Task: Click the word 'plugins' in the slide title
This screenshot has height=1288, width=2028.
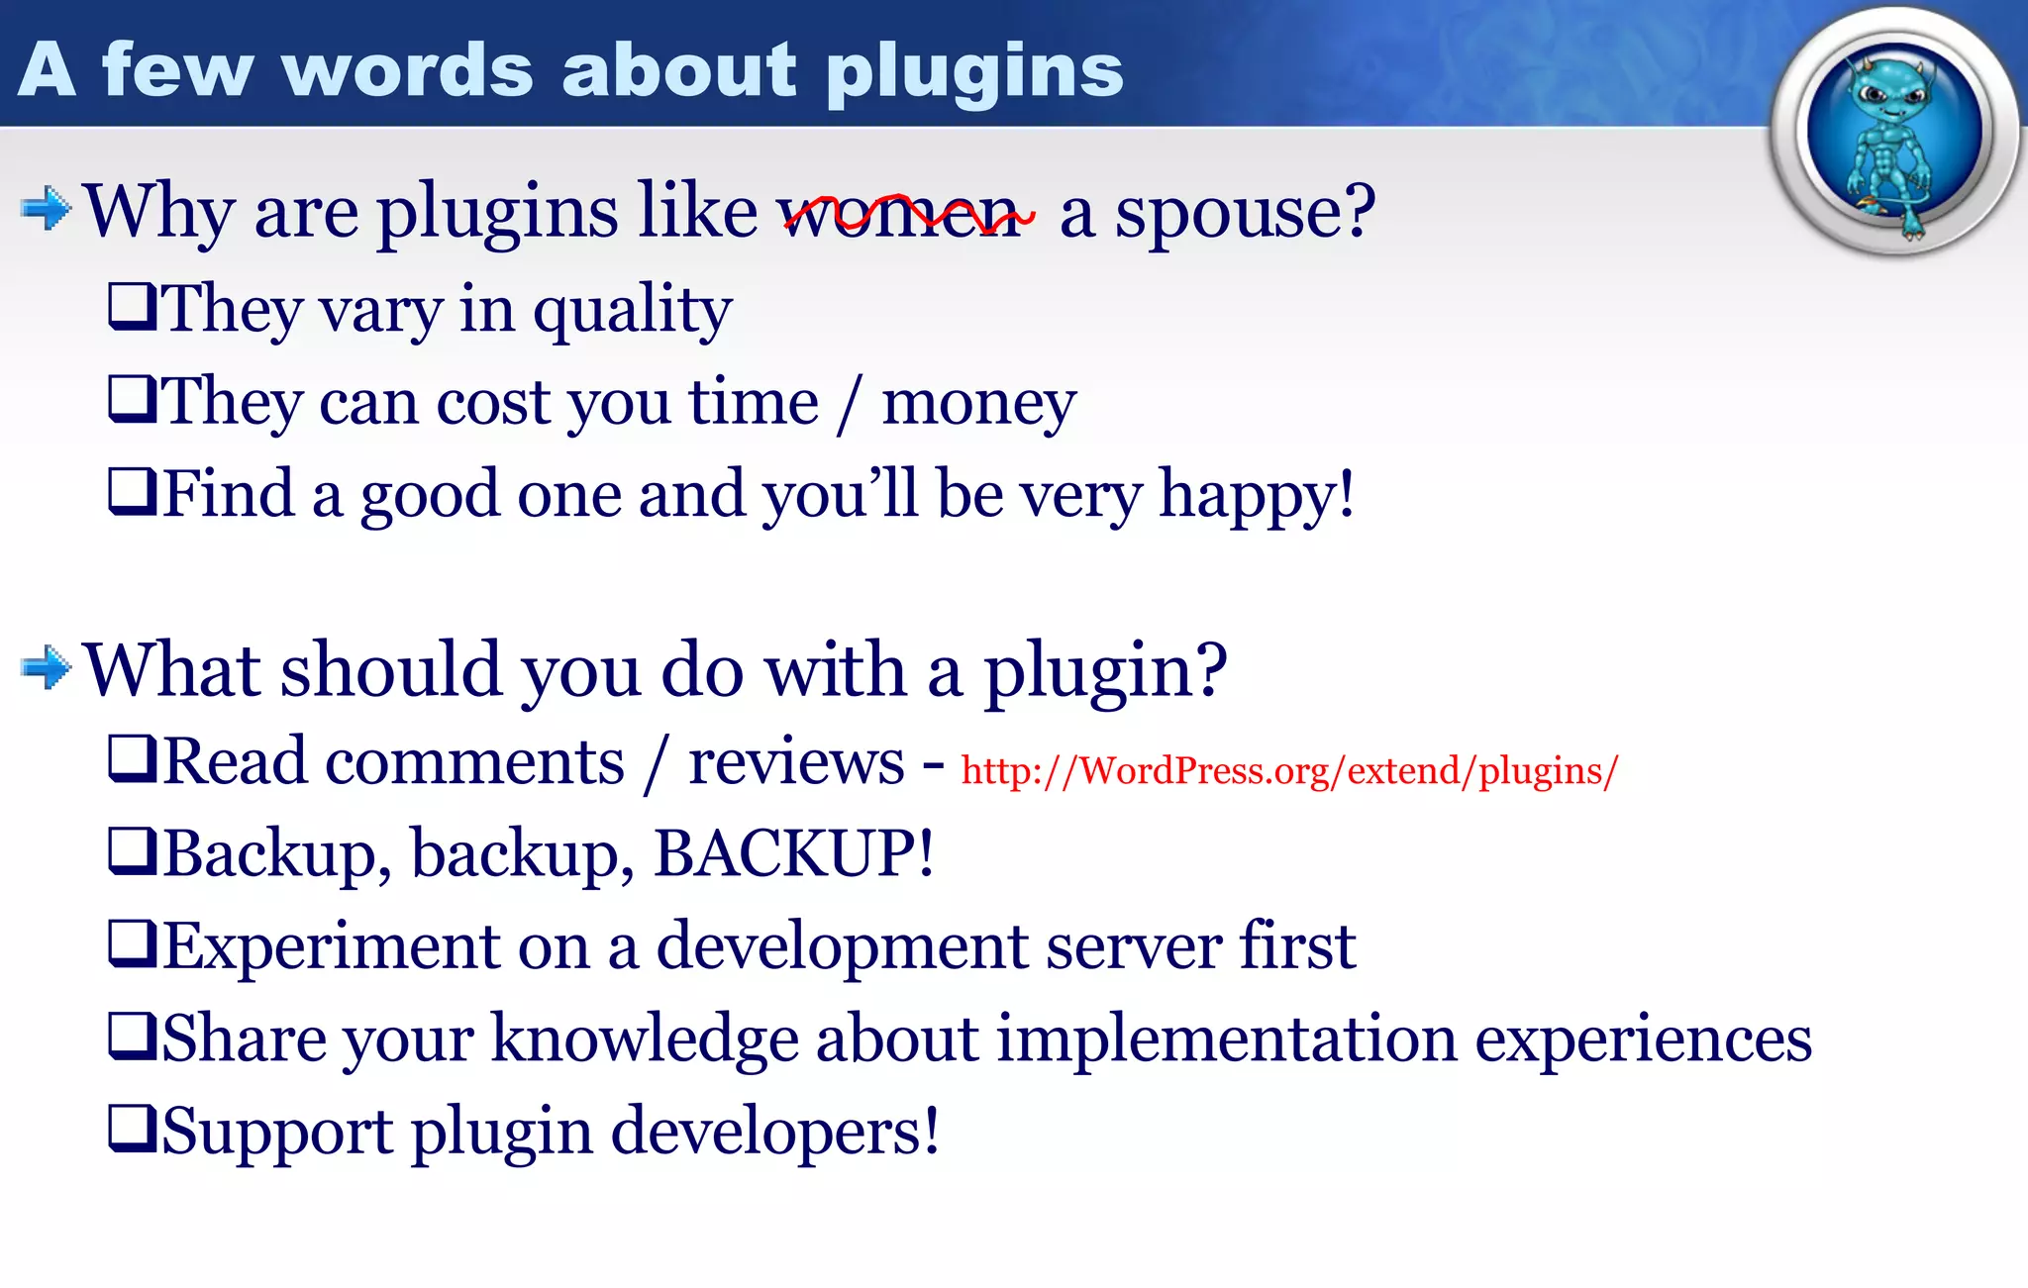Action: (974, 71)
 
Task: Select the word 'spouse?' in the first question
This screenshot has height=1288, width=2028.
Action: (1246, 212)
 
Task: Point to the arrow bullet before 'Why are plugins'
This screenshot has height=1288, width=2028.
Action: (46, 209)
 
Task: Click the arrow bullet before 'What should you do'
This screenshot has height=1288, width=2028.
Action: (46, 667)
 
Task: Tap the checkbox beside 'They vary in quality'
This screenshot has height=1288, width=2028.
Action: (131, 306)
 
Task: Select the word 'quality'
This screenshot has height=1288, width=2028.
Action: (633, 309)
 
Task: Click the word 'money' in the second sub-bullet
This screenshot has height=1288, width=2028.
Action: (978, 403)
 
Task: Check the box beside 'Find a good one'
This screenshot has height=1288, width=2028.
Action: (131, 491)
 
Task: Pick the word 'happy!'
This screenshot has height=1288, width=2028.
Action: (1257, 494)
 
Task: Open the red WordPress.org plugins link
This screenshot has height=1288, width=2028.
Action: (1289, 770)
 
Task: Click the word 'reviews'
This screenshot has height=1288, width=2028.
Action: (796, 762)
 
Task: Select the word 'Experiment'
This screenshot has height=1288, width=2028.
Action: (332, 946)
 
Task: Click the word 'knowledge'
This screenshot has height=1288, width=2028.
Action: (645, 1039)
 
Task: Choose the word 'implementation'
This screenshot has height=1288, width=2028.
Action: (1227, 1039)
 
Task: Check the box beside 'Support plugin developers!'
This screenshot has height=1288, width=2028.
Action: (131, 1129)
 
